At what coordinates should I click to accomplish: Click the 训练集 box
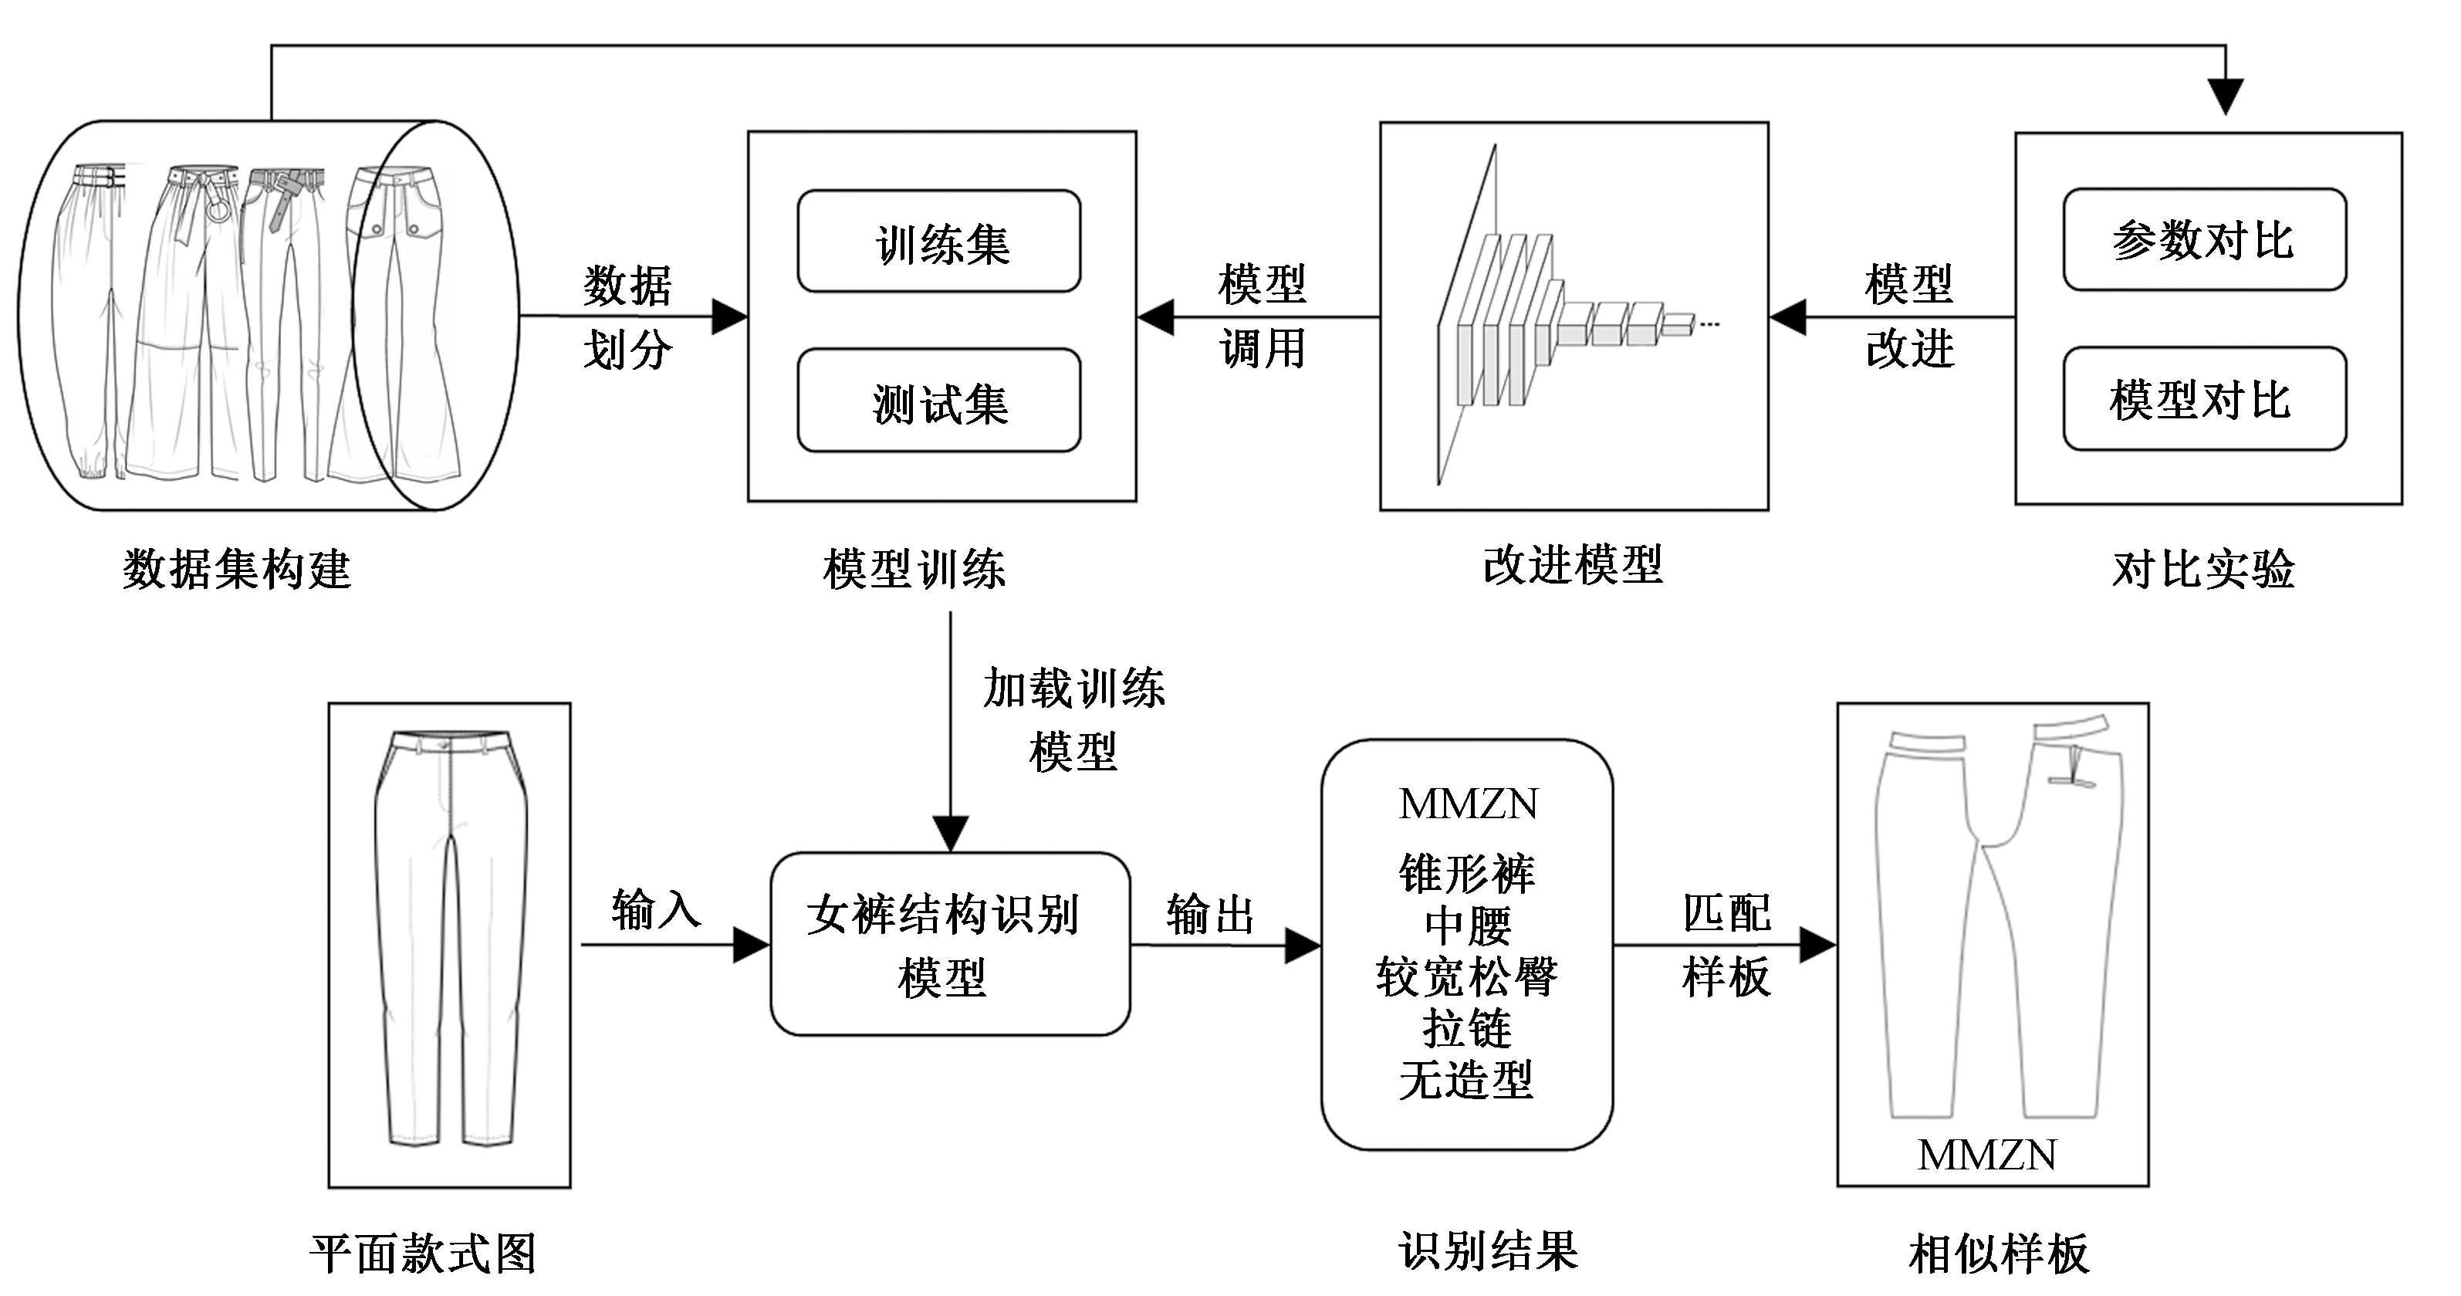click(x=939, y=242)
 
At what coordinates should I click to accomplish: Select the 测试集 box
click(x=939, y=401)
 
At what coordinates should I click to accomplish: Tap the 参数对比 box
click(x=2204, y=240)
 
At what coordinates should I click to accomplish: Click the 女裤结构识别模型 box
click(x=951, y=944)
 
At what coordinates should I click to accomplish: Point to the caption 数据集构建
click(x=237, y=570)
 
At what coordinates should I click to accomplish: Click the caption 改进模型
click(x=1574, y=565)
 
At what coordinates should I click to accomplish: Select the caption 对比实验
click(x=2204, y=570)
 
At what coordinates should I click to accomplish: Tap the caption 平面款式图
click(x=422, y=1253)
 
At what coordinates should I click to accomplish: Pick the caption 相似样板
click(x=1999, y=1253)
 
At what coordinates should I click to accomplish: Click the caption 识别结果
click(x=1488, y=1251)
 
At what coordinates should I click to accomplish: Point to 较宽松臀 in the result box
click(x=1466, y=976)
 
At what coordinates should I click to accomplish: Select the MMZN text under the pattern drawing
click(x=1987, y=1155)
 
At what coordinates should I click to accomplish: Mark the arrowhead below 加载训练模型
click(x=951, y=834)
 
